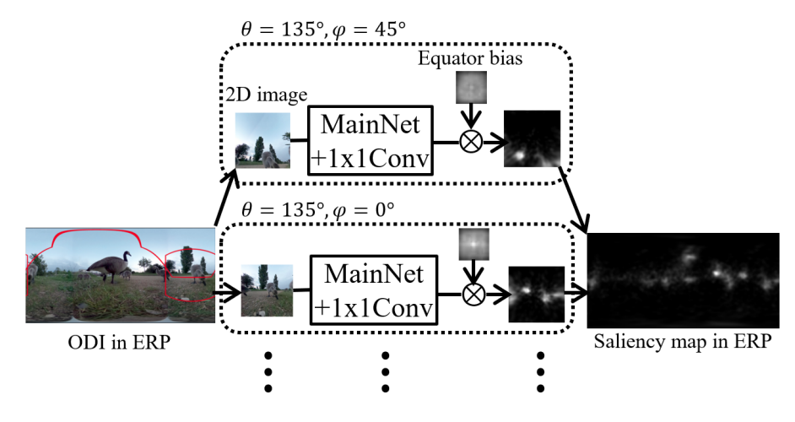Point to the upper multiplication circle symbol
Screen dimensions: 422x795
pyautogui.click(x=470, y=140)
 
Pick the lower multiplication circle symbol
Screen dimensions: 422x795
pyautogui.click(x=470, y=293)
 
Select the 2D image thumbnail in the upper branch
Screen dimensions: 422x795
pyautogui.click(x=262, y=140)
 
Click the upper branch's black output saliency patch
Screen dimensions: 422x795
pyautogui.click(x=532, y=140)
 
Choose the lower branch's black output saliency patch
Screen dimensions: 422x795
pyautogui.click(x=535, y=294)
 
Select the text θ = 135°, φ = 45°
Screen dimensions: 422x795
pyautogui.click(x=323, y=28)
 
